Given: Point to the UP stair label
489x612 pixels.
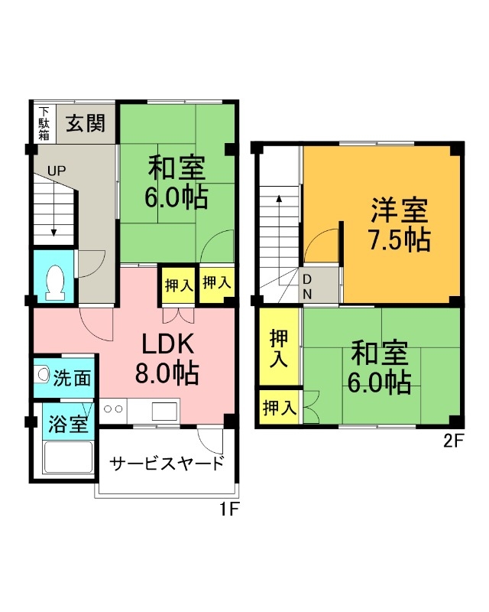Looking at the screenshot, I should coord(57,171).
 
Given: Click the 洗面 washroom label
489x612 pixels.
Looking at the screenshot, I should coord(73,377).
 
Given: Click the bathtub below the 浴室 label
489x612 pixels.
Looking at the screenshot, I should coord(67,459).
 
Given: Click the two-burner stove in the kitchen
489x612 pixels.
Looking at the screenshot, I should coord(113,409).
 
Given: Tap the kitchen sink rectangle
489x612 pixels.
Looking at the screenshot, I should coord(164,411).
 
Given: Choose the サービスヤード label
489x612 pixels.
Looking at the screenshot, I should coord(167,464).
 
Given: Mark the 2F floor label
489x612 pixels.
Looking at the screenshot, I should coord(453,442).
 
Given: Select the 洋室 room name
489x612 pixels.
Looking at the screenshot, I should coord(400,208).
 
